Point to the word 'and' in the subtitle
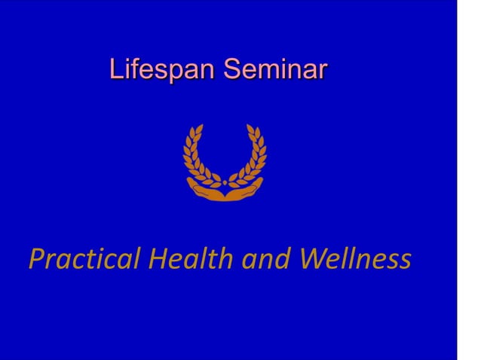(x=268, y=259)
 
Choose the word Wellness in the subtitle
(x=355, y=258)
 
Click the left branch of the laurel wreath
(x=195, y=158)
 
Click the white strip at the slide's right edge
(x=469, y=181)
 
